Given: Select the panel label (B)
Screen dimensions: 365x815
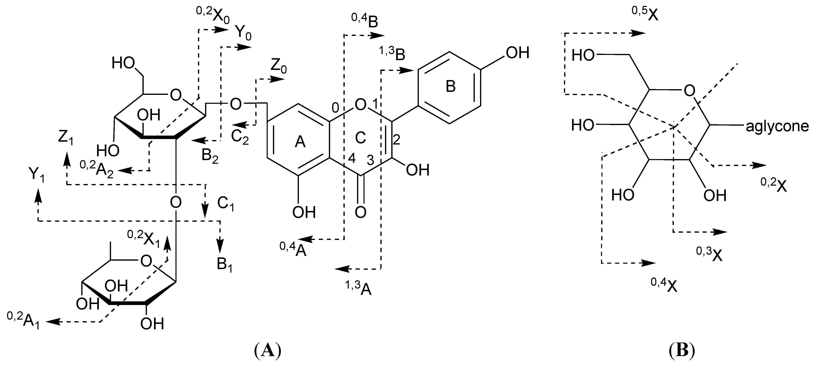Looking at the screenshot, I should click(x=682, y=351).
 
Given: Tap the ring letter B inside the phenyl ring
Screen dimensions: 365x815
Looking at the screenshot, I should click(x=450, y=86).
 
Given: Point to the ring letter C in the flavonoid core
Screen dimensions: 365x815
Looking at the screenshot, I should click(x=360, y=138).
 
